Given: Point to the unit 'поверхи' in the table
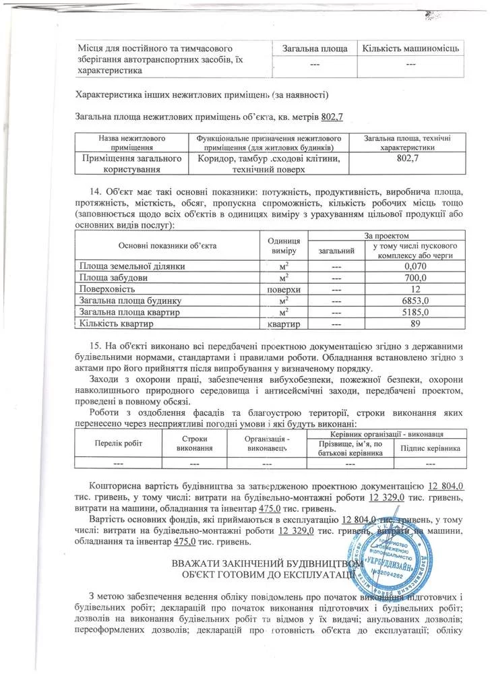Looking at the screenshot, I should click(283, 288).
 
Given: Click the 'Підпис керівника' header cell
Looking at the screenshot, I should click(431, 448).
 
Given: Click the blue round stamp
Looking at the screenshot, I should click(392, 561).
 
